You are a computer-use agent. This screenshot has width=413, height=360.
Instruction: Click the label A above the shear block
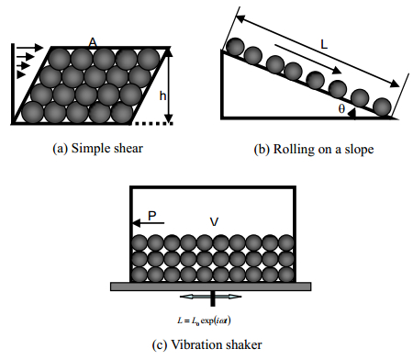[93, 42]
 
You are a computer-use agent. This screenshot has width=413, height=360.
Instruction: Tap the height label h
[162, 96]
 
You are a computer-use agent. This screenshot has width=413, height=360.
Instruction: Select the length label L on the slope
[324, 45]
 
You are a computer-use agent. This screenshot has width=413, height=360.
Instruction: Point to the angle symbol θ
[341, 108]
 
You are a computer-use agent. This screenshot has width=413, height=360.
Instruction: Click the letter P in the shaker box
[152, 216]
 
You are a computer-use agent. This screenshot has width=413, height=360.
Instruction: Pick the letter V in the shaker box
[214, 221]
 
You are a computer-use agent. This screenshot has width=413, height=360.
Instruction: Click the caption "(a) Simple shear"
[97, 149]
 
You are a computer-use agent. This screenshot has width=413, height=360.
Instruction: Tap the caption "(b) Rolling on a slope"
[314, 149]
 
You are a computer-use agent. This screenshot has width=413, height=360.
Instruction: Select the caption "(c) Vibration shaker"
[206, 344]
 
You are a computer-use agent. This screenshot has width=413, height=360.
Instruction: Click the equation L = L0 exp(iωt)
[204, 321]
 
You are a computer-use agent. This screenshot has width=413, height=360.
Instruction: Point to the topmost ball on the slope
[235, 47]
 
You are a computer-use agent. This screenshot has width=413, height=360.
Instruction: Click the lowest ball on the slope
[382, 107]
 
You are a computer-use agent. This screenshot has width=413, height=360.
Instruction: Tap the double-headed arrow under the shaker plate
[211, 297]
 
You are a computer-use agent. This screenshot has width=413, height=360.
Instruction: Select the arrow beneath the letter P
[149, 223]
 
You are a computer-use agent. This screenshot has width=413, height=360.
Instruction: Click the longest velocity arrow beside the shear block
[30, 48]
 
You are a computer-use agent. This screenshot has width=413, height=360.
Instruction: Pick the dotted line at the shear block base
[153, 123]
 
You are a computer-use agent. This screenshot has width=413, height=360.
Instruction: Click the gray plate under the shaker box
[211, 287]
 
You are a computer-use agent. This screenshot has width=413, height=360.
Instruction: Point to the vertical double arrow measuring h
[169, 85]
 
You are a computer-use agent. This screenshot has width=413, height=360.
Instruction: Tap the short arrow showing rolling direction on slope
[308, 59]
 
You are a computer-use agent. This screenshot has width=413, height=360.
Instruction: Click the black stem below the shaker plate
[213, 298]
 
